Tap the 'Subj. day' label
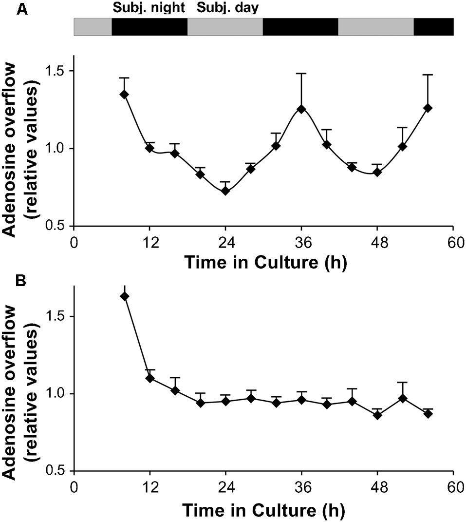coord(227,8)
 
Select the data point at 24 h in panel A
coord(225,191)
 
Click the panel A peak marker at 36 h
coord(301,109)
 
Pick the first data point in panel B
coord(125,296)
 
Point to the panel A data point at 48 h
coord(377,172)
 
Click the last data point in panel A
coord(428,108)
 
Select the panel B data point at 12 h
coord(150,378)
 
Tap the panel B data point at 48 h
coord(377,415)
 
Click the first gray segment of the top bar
coord(93,27)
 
